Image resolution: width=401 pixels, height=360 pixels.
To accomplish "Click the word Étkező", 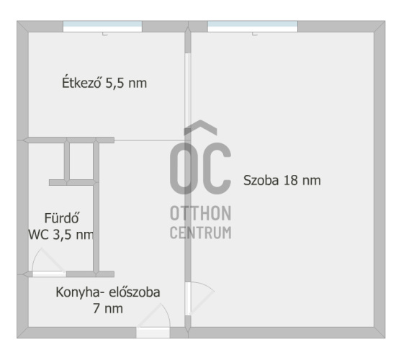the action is click(81, 82).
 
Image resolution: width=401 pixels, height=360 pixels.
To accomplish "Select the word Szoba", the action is click(261, 180).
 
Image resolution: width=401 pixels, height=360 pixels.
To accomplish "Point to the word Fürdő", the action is click(61, 218).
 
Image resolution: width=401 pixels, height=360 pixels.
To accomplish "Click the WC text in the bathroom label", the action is click(38, 235).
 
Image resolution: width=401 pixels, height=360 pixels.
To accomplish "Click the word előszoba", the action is click(135, 292).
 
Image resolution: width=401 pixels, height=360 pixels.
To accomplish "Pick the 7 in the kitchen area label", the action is click(96, 308).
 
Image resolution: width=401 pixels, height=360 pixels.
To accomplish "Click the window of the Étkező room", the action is click(102, 27).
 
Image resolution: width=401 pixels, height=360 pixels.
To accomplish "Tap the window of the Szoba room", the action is click(253, 27).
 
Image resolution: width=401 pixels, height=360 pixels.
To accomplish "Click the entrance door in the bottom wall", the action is click(153, 333).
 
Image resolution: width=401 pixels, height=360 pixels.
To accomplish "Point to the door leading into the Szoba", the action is click(188, 298).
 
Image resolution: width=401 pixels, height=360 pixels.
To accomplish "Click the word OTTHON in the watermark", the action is click(201, 213).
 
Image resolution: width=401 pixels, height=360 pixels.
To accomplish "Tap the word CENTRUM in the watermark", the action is click(201, 233).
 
